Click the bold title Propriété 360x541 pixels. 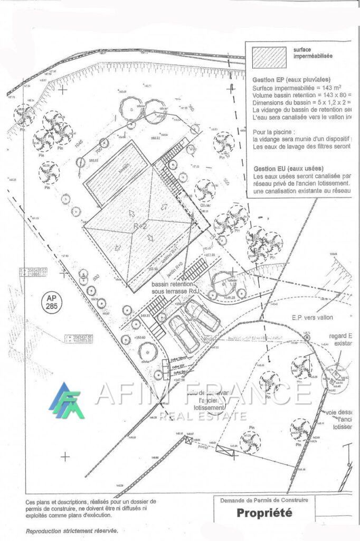point(263,512)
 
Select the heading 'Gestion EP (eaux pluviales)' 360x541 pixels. point(288,80)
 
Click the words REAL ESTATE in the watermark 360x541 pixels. point(203,415)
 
